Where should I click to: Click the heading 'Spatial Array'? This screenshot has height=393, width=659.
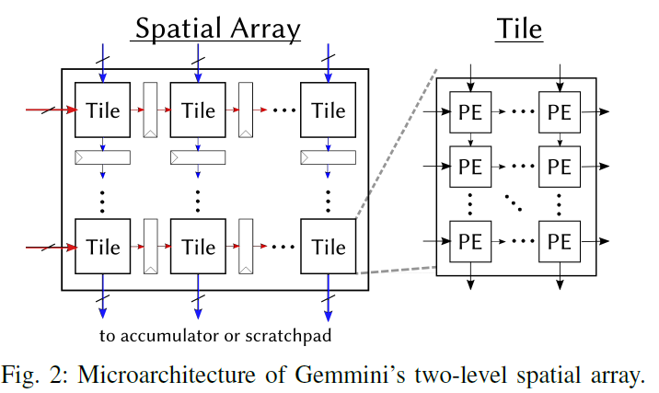(217, 29)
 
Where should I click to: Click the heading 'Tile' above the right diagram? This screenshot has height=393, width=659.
(519, 29)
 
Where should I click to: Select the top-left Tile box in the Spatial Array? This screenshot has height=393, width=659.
(103, 110)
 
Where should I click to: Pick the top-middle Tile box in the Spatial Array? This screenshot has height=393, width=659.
(199, 110)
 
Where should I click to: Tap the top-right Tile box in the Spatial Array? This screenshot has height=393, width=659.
(329, 110)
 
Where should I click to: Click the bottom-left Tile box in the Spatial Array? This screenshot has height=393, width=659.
(103, 247)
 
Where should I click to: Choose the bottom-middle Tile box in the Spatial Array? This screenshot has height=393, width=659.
(199, 247)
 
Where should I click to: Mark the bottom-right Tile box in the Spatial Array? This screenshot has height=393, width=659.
(329, 247)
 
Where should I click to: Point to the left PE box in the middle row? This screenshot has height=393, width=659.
(469, 166)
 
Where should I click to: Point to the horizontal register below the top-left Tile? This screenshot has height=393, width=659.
(103, 157)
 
